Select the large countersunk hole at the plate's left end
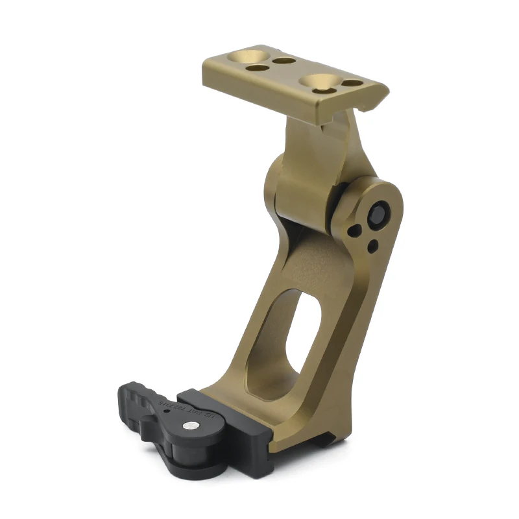point(247,54)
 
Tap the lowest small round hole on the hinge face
point(372,247)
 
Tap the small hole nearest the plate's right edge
point(351,84)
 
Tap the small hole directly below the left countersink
point(258,67)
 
